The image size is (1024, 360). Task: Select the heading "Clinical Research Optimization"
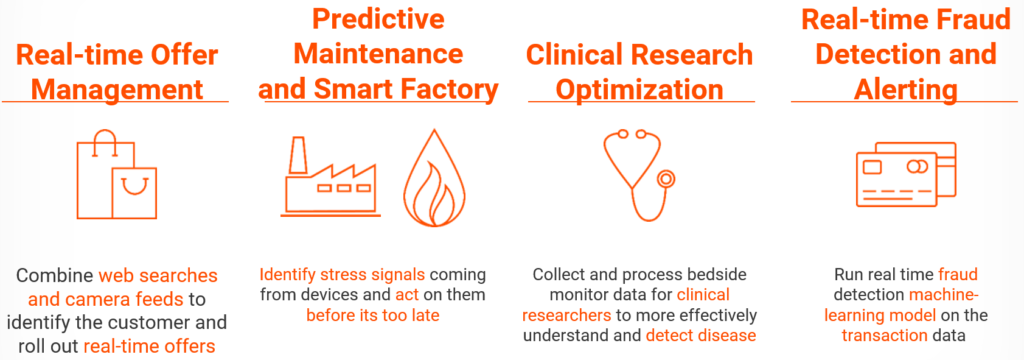tap(640, 72)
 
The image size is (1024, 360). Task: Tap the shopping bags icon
tap(116, 174)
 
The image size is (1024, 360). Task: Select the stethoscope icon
tap(637, 174)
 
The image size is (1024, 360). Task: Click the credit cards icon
tap(905, 175)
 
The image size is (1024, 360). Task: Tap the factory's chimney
tap(298, 157)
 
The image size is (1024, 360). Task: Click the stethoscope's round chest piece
tap(665, 178)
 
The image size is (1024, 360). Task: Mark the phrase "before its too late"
tap(373, 316)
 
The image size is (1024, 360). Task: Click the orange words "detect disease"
tap(701, 336)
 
